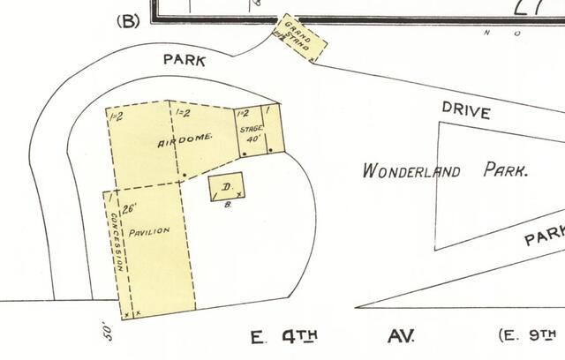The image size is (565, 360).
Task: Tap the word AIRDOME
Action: pos(185,142)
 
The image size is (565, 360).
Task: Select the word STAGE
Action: pos(251,129)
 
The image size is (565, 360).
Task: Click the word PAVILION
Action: pos(149,231)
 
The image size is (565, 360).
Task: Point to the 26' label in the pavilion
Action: pos(131,210)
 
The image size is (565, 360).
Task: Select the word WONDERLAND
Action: pos(411,170)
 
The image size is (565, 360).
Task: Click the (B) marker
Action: pos(129,20)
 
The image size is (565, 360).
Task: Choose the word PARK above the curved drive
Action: pos(185,61)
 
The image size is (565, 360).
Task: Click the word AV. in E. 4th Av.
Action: pos(401,335)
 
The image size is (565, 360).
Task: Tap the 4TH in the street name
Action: pos(298,335)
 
